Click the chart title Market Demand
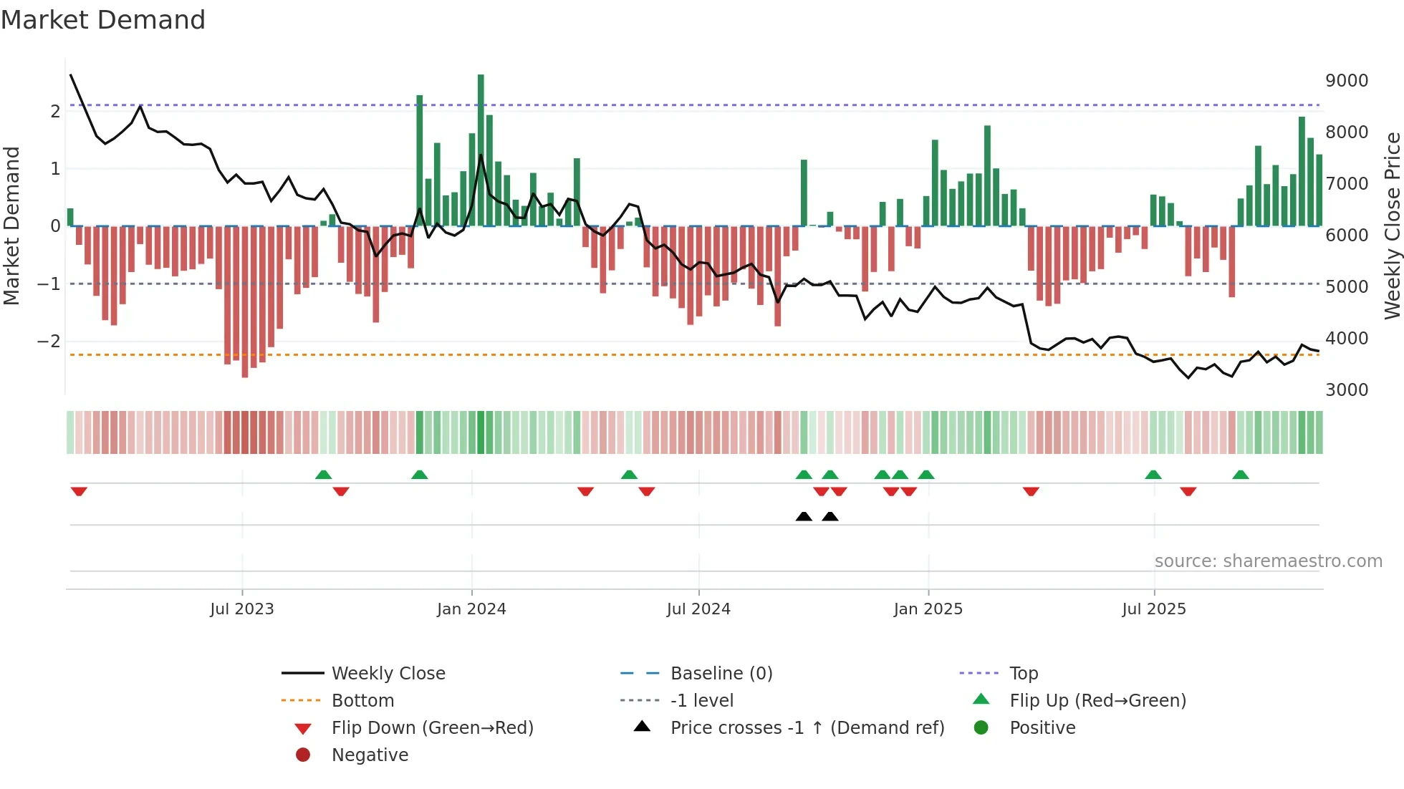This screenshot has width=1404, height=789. [103, 20]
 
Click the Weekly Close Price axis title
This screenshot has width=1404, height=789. [1392, 226]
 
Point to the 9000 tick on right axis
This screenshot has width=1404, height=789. [1346, 81]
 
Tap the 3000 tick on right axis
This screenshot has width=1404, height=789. [1346, 390]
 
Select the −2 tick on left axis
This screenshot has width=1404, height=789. [49, 342]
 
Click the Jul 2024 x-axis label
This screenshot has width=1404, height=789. [698, 609]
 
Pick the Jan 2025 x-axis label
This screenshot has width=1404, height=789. [928, 609]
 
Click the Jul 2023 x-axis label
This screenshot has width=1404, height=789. [241, 609]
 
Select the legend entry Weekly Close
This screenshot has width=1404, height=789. [388, 674]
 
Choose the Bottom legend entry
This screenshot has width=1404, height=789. [362, 701]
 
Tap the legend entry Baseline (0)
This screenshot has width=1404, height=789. [721, 674]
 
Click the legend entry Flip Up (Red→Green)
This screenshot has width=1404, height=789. [1097, 701]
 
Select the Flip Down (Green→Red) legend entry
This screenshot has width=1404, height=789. [432, 728]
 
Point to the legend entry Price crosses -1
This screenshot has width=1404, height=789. [807, 728]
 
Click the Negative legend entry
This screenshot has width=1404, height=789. [370, 755]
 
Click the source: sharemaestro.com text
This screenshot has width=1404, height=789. [1268, 561]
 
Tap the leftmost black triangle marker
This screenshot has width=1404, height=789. [804, 516]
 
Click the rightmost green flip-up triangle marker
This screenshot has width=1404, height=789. [1241, 475]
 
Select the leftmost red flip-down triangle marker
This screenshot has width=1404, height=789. [79, 491]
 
